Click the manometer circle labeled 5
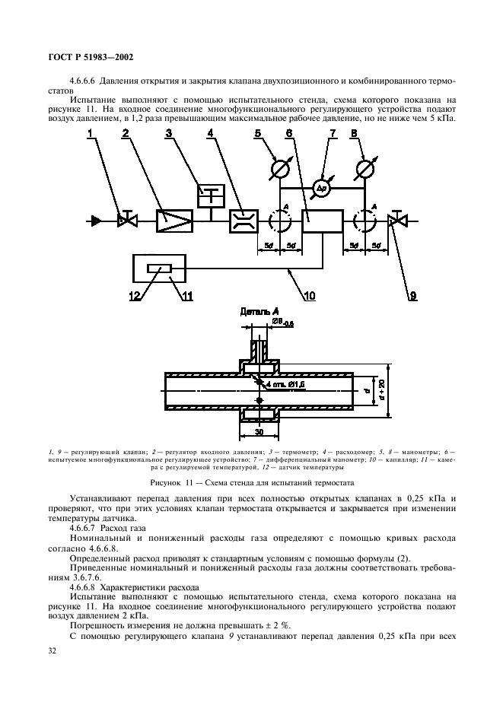coord(278,167)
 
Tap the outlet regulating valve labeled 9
coord(396,221)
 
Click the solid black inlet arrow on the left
coord(96,221)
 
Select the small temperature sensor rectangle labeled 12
coord(159,268)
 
